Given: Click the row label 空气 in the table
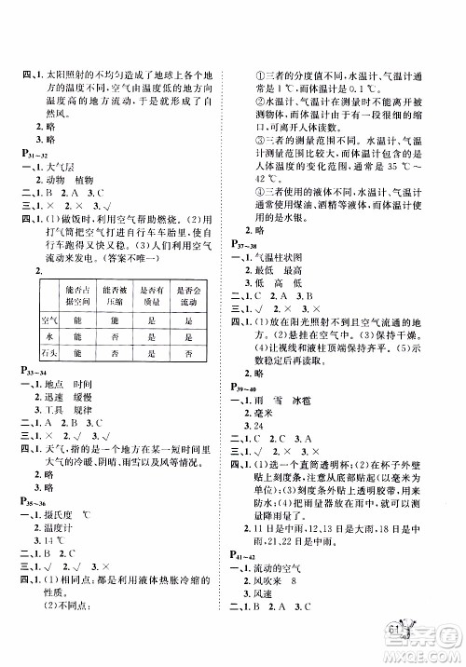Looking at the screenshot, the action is [x=48, y=320].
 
